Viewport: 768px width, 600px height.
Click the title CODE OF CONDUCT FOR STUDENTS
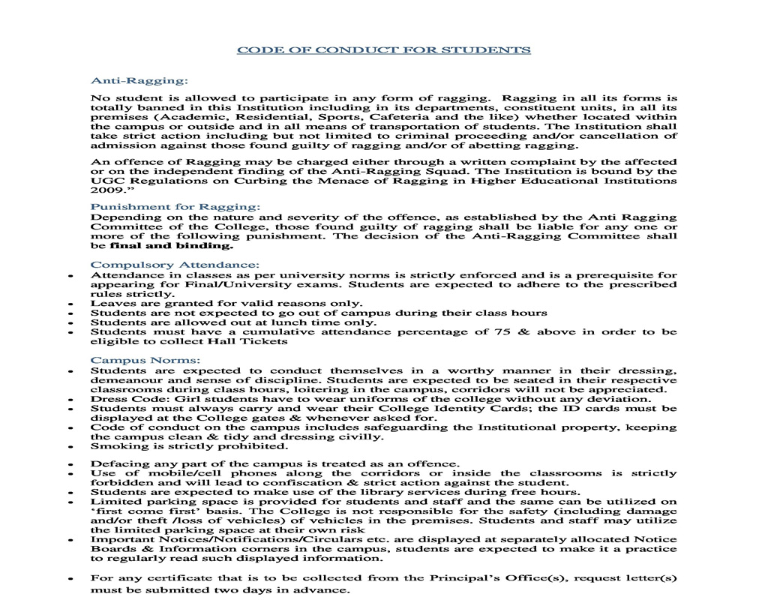(x=383, y=50)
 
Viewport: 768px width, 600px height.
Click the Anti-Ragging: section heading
(x=139, y=79)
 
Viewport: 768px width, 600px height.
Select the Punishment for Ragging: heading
(x=175, y=206)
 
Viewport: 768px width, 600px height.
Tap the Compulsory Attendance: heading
(x=175, y=264)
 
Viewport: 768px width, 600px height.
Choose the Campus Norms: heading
(x=145, y=360)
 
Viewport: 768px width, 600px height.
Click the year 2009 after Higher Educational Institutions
(x=104, y=190)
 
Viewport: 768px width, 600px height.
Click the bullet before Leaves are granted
(x=70, y=304)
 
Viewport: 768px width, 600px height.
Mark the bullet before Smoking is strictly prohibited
(x=70, y=448)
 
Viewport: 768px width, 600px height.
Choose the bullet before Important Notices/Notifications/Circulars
(x=70, y=540)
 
